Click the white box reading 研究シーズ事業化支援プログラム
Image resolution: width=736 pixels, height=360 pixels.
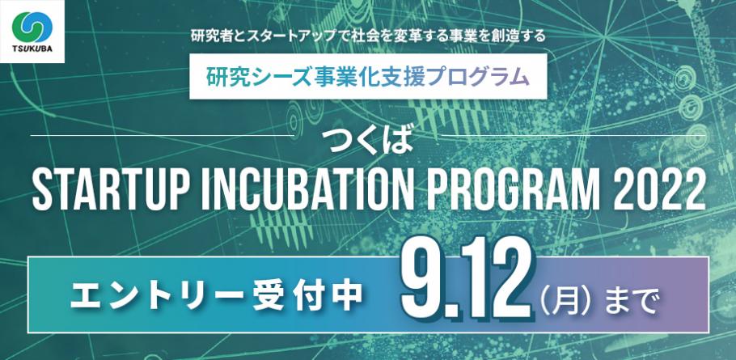(x=367, y=77)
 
